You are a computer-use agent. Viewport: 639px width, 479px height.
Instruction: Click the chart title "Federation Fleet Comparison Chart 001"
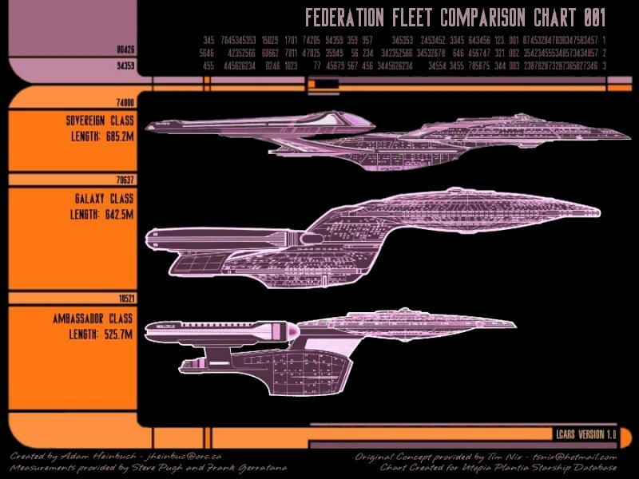455,18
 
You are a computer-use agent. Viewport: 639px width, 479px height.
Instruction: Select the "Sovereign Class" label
100,121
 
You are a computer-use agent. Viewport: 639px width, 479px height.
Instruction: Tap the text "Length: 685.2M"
100,136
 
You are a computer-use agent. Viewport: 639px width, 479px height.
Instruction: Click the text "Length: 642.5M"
100,214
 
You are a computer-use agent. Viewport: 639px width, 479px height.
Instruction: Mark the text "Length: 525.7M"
100,334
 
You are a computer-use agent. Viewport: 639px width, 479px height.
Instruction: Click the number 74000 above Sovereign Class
125,104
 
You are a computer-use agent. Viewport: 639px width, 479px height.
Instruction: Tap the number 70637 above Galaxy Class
125,180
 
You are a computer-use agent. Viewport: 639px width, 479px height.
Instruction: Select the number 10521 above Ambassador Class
125,298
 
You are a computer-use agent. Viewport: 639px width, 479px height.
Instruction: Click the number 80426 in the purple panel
125,49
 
